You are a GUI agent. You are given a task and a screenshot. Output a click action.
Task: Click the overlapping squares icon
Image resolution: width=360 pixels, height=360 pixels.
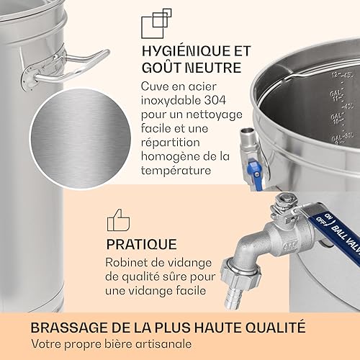tap(156, 24)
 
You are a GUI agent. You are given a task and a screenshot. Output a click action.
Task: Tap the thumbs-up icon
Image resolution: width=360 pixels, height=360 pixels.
tap(118, 220)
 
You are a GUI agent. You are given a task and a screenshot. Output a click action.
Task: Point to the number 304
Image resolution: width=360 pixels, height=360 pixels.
tap(215, 100)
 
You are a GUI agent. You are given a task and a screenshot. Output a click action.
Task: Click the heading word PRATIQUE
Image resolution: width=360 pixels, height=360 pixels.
tap(142, 244)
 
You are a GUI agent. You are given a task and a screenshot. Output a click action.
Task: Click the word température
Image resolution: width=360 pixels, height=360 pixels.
tap(176, 171)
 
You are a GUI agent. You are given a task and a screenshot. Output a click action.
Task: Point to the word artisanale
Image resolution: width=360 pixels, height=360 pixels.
tap(163, 344)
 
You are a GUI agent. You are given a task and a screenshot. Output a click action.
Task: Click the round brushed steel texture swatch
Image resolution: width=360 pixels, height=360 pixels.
tap(81, 138)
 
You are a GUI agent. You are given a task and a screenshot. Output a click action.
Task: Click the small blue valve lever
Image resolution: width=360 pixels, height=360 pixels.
tap(254, 165)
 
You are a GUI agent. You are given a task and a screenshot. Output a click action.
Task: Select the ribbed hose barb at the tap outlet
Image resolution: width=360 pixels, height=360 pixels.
tap(232, 297)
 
